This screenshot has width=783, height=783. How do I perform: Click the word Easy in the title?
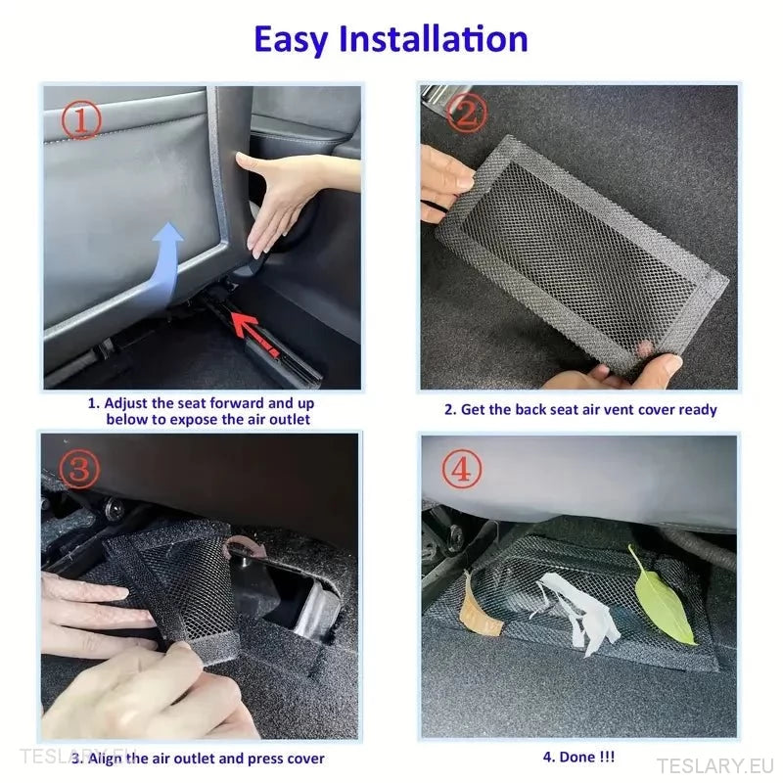click(x=291, y=40)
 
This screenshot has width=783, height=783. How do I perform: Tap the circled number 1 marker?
click(x=81, y=119)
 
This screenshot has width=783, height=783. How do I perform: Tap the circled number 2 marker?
click(x=467, y=113)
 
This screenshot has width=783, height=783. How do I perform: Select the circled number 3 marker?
click(x=79, y=469)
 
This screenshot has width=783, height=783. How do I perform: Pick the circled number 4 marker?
click(x=462, y=469)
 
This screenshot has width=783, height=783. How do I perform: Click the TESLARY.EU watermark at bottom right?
click(x=714, y=765)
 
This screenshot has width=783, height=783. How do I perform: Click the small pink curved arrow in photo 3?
click(x=244, y=546)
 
